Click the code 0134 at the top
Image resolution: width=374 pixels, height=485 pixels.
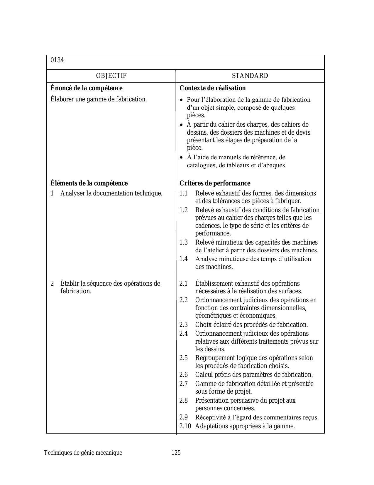(57, 60)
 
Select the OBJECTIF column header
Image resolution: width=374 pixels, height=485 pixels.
(111, 76)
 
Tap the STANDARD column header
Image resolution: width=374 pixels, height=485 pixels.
(250, 76)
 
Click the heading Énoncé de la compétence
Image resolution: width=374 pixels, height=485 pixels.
(87, 88)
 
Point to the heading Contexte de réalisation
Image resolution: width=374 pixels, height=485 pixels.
(213, 88)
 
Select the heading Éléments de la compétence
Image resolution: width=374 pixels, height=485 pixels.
(89, 183)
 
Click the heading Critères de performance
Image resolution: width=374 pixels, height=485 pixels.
(215, 183)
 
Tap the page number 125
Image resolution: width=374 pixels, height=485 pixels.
(176, 453)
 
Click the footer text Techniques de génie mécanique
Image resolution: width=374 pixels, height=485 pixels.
(83, 453)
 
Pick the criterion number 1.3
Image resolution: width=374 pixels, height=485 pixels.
(184, 242)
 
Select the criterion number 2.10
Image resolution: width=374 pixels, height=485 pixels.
(185, 426)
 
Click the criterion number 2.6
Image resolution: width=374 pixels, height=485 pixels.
(184, 375)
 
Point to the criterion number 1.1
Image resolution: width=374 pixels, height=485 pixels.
(184, 193)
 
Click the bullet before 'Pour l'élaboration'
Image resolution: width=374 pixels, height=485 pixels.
(182, 100)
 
